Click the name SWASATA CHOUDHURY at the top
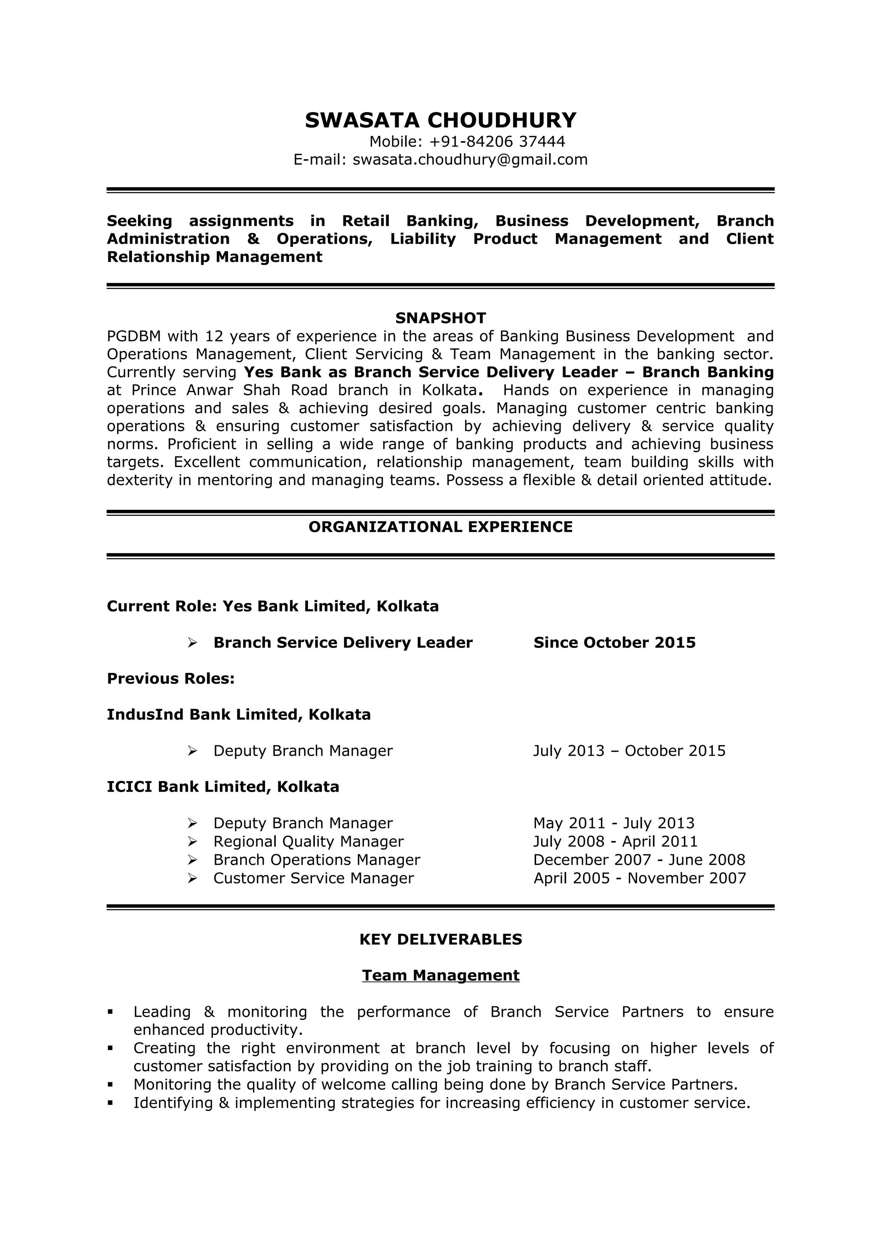[x=440, y=120]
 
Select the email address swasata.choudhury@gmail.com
[x=470, y=160]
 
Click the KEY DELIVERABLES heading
[x=440, y=939]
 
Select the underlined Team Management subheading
[x=440, y=975]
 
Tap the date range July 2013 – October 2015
[x=628, y=751]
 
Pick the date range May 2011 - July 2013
[x=613, y=823]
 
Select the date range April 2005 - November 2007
[x=639, y=878]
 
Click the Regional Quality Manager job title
[x=308, y=842]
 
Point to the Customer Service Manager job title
[x=313, y=878]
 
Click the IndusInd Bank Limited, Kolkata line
[x=238, y=715]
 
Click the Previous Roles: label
[x=170, y=678]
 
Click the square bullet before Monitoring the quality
[x=111, y=1085]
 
